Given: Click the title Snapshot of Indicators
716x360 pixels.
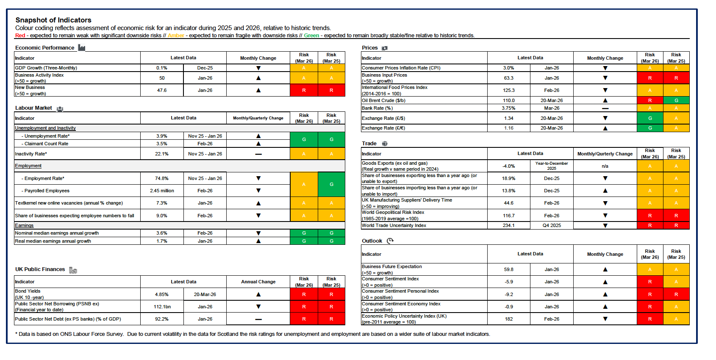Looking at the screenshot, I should [53, 20].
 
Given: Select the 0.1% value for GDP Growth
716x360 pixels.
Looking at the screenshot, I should [161, 68].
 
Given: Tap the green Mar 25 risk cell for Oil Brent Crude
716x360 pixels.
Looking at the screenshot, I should [676, 100].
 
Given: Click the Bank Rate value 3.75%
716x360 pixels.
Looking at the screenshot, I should [508, 108].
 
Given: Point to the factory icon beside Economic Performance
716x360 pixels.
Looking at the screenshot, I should [82, 48].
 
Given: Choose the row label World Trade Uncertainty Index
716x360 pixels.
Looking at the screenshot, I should [394, 225].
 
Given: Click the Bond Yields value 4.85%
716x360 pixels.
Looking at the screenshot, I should [161, 294].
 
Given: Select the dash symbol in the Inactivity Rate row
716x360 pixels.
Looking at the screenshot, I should [258, 154].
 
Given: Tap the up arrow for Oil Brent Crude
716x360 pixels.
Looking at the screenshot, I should [605, 100].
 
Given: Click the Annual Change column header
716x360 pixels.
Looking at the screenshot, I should [258, 282].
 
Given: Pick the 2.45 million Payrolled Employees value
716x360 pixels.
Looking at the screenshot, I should [161, 191].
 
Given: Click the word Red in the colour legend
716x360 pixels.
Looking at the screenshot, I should [20, 36].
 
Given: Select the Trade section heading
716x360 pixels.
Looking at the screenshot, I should [369, 144].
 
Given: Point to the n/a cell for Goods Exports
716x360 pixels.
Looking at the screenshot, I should [605, 166].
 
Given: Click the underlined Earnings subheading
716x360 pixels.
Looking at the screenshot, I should [24, 226].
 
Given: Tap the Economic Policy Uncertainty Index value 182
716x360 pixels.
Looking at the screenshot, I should [508, 319].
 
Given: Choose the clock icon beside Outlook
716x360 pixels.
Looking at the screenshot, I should [390, 241].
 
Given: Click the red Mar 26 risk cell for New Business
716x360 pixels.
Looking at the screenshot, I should [304, 90].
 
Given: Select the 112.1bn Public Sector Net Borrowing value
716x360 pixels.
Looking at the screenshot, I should [161, 307].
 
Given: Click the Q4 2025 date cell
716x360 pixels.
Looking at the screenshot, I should [552, 225].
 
